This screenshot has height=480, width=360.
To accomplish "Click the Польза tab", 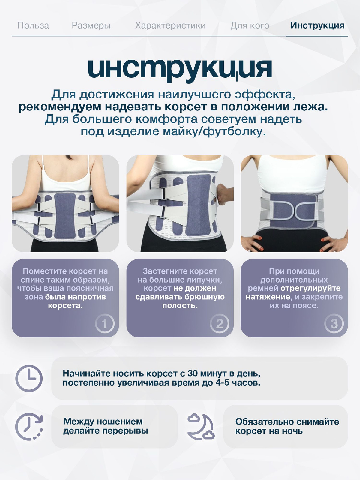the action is coord(33,25).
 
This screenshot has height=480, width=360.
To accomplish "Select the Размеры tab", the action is coord(91,26).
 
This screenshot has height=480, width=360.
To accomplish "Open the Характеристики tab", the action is coord(170,26).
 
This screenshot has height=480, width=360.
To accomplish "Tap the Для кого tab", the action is coord(250,26).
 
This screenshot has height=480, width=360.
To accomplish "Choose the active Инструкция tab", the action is coord(317,26).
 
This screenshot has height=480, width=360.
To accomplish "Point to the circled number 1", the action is coord(105,323).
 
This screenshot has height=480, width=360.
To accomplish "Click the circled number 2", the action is coord(220,323).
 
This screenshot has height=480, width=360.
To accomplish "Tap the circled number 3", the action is coord(334,323).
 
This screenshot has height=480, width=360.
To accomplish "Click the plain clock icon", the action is coord(29,378).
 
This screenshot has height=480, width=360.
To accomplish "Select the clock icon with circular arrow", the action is coord(29,426).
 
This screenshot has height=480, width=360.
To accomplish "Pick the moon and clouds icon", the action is coord(201,426).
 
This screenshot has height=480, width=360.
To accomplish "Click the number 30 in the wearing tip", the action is coord(193,373).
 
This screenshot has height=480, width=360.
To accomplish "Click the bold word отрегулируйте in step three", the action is coord(310,288).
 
